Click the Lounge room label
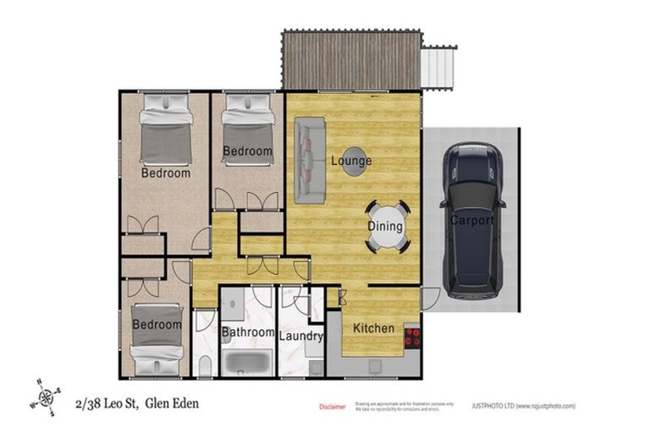350,161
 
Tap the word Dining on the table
385,227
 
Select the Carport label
471,222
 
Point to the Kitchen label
373,328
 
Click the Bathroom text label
248,332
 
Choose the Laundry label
301,336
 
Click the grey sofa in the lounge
310,161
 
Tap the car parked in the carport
472,220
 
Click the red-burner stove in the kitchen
412,337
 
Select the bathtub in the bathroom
248,361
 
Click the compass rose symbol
47,397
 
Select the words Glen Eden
174,403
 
